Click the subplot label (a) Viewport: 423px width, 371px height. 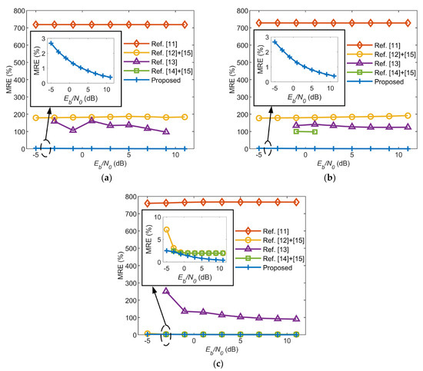pyautogui.click(x=104, y=176)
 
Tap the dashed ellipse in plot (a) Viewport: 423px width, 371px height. pyautogui.click(x=46, y=149)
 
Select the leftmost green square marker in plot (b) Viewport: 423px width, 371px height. pyautogui.click(x=297, y=131)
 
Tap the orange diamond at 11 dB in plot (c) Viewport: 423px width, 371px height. pyautogui.click(x=296, y=201)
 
